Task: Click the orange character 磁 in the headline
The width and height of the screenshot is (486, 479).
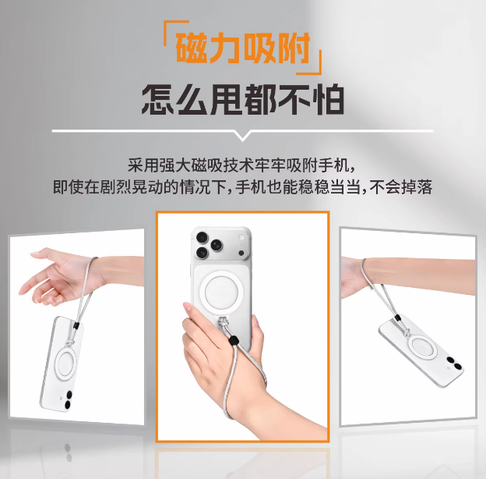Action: [192, 48]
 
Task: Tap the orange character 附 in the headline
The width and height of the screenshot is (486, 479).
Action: [294, 48]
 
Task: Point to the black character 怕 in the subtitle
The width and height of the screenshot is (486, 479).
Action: [328, 100]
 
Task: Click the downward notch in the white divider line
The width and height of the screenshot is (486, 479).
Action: [243, 137]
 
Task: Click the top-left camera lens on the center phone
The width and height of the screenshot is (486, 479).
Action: [202, 238]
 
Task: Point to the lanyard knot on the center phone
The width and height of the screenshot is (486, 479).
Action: [223, 323]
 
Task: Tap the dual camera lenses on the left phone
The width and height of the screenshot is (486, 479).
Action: [69, 400]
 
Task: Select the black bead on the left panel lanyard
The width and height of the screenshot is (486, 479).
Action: [76, 325]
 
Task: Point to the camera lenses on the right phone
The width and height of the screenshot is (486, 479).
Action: [454, 364]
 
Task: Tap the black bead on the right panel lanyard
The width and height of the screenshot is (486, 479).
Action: [397, 318]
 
